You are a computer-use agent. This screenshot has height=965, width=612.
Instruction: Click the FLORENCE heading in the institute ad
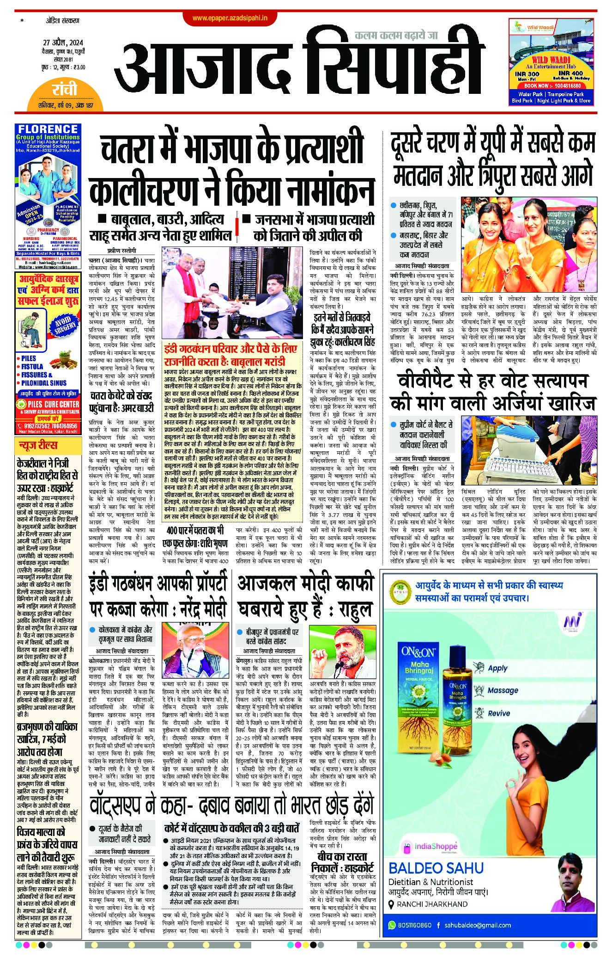coord(48,129)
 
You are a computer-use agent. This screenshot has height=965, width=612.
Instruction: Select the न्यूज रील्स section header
coord(38,445)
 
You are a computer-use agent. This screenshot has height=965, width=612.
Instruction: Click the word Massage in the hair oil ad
coord(503,690)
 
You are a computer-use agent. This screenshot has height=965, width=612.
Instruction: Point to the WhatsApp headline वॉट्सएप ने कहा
coord(231,807)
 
